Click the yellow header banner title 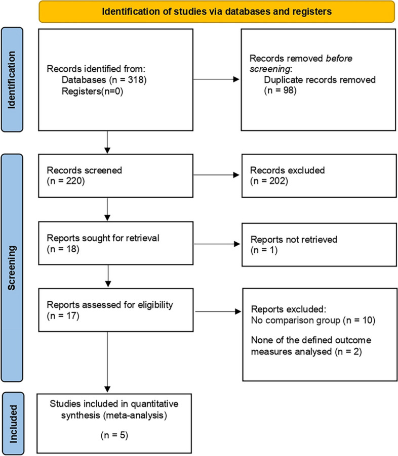coord(217,11)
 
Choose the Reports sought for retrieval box coord(108,244)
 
